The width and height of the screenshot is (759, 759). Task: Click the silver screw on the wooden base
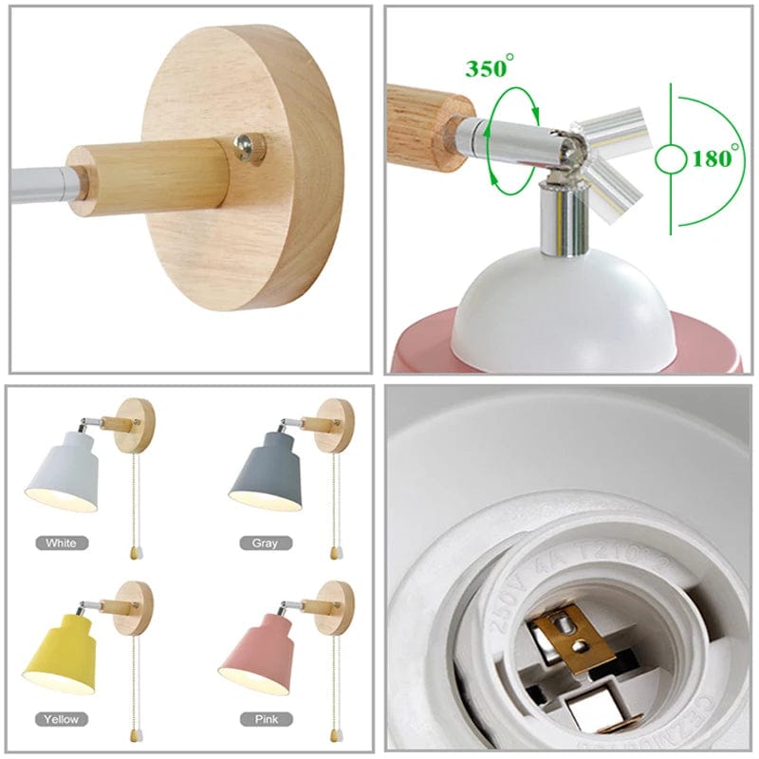click(250, 147)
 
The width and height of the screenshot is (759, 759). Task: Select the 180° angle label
click(712, 157)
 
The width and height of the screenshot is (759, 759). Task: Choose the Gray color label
click(265, 543)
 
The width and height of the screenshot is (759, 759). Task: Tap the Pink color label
click(267, 719)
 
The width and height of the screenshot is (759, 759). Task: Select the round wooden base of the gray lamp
click(337, 423)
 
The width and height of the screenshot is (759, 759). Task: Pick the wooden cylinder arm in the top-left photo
click(152, 175)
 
